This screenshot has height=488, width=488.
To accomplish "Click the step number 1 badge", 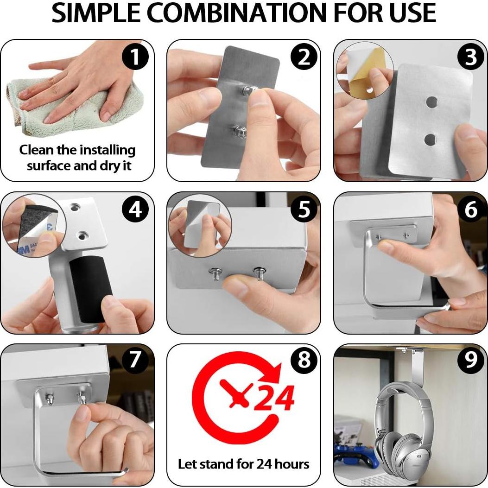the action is [x=135, y=57].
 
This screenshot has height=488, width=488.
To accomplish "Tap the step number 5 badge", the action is [x=304, y=209].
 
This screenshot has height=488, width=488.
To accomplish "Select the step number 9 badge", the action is [x=471, y=360].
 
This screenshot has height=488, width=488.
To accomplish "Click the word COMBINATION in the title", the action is [x=237, y=13].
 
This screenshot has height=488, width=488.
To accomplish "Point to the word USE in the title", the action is [x=410, y=13].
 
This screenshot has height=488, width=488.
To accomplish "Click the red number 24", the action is [x=274, y=398].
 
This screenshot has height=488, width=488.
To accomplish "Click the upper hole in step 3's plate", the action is [x=431, y=101].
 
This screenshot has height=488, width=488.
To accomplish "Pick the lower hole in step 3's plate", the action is [x=430, y=140].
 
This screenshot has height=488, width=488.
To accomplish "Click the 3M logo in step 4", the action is [x=23, y=250].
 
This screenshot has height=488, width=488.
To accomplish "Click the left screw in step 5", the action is [x=215, y=273].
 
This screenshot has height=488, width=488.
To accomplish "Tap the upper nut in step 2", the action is [x=248, y=90].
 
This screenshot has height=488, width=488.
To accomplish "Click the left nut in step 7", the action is [x=49, y=398].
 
